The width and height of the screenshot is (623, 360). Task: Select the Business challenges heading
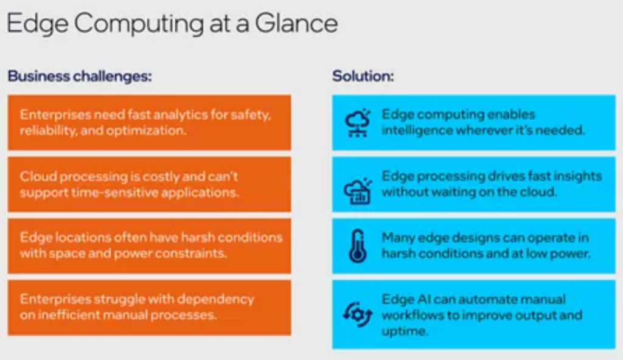[x=79, y=77]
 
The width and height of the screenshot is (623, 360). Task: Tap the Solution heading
[x=363, y=77]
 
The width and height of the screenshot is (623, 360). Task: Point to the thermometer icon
[x=358, y=246]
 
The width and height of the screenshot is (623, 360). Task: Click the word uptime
[x=405, y=331]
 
